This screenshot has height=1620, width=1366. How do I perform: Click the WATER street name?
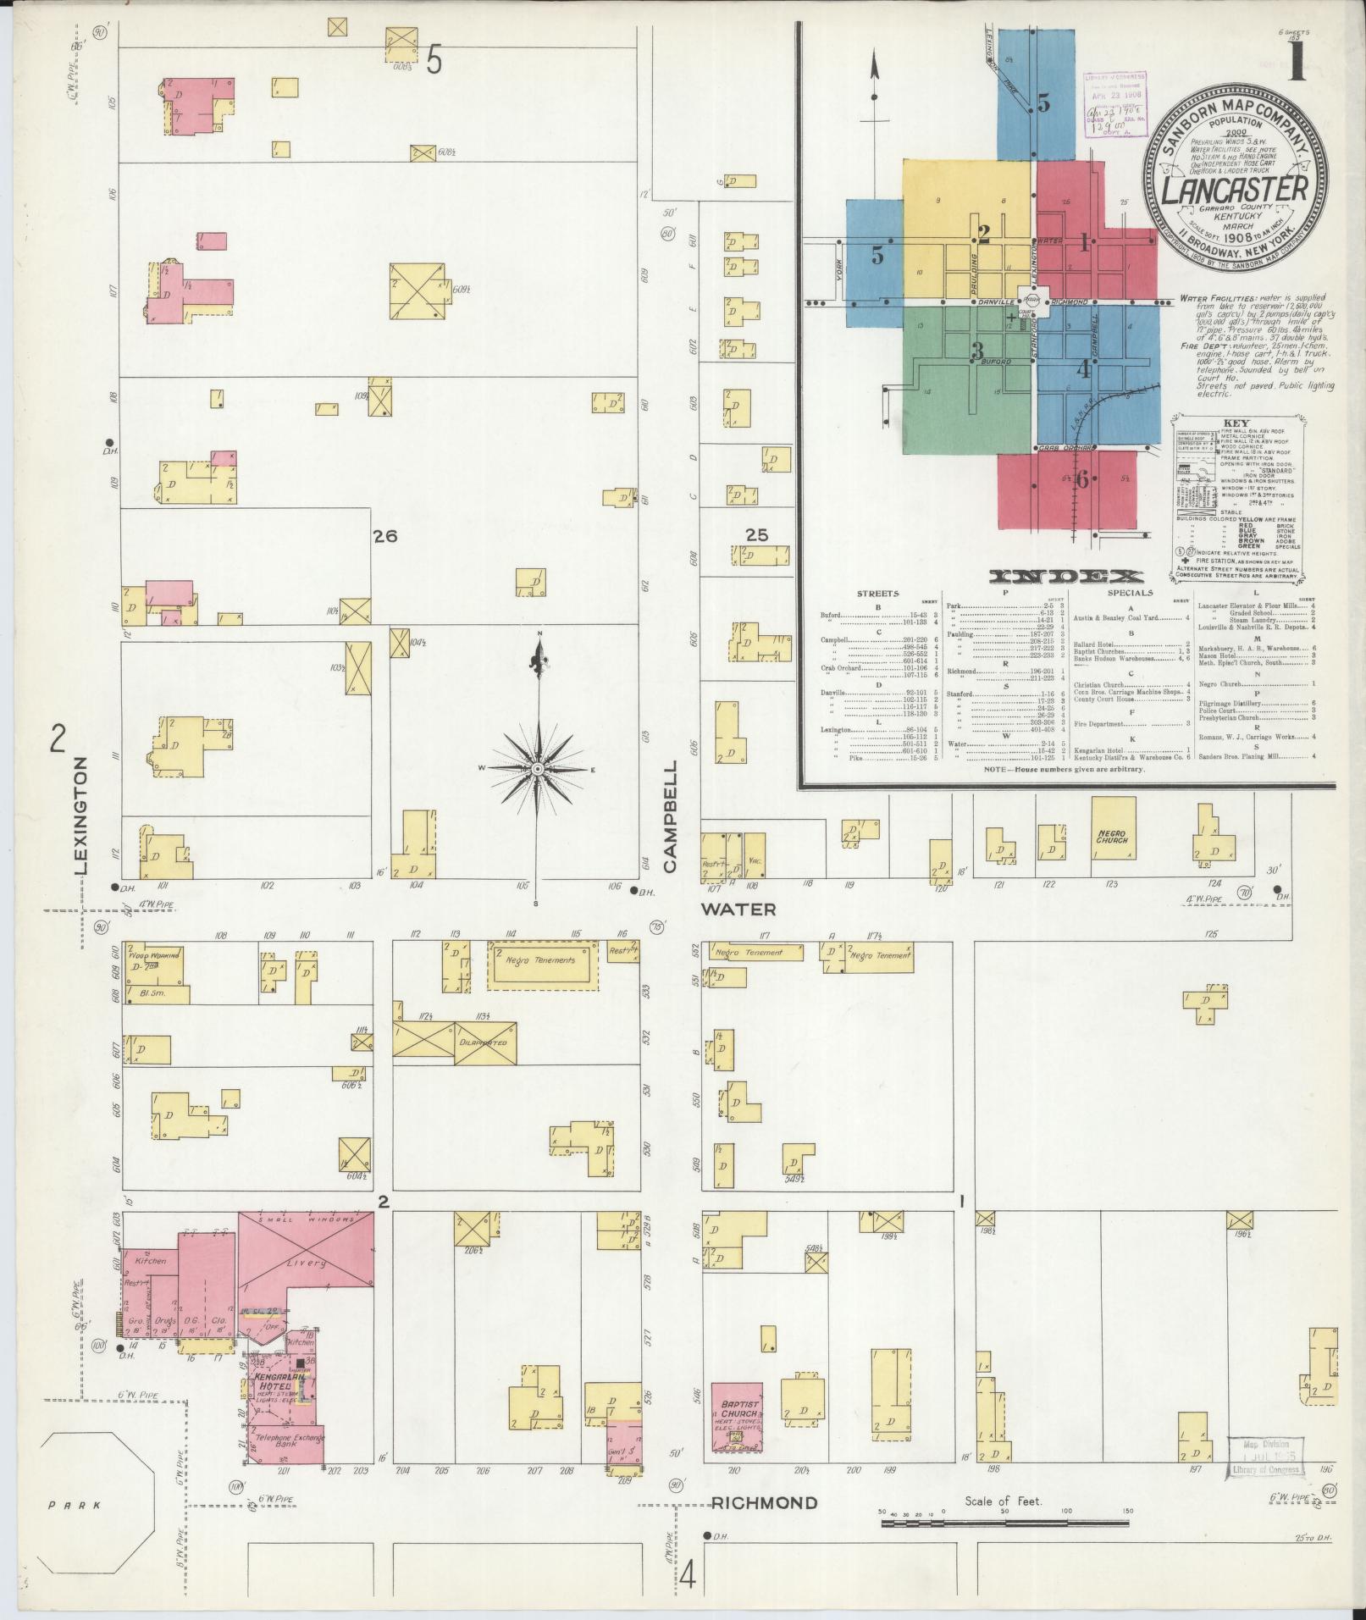coord(738,910)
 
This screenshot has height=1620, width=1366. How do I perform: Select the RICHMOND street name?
coord(765,1503)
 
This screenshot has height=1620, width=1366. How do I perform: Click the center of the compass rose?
coord(537,768)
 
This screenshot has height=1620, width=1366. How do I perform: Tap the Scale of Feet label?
coord(1004,1501)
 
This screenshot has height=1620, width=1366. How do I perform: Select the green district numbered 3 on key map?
coord(977,350)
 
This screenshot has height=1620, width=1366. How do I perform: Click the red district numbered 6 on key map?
coord(1081,479)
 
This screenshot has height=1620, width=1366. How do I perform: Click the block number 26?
coord(385,536)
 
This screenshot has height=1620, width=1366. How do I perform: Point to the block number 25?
coord(755,534)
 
